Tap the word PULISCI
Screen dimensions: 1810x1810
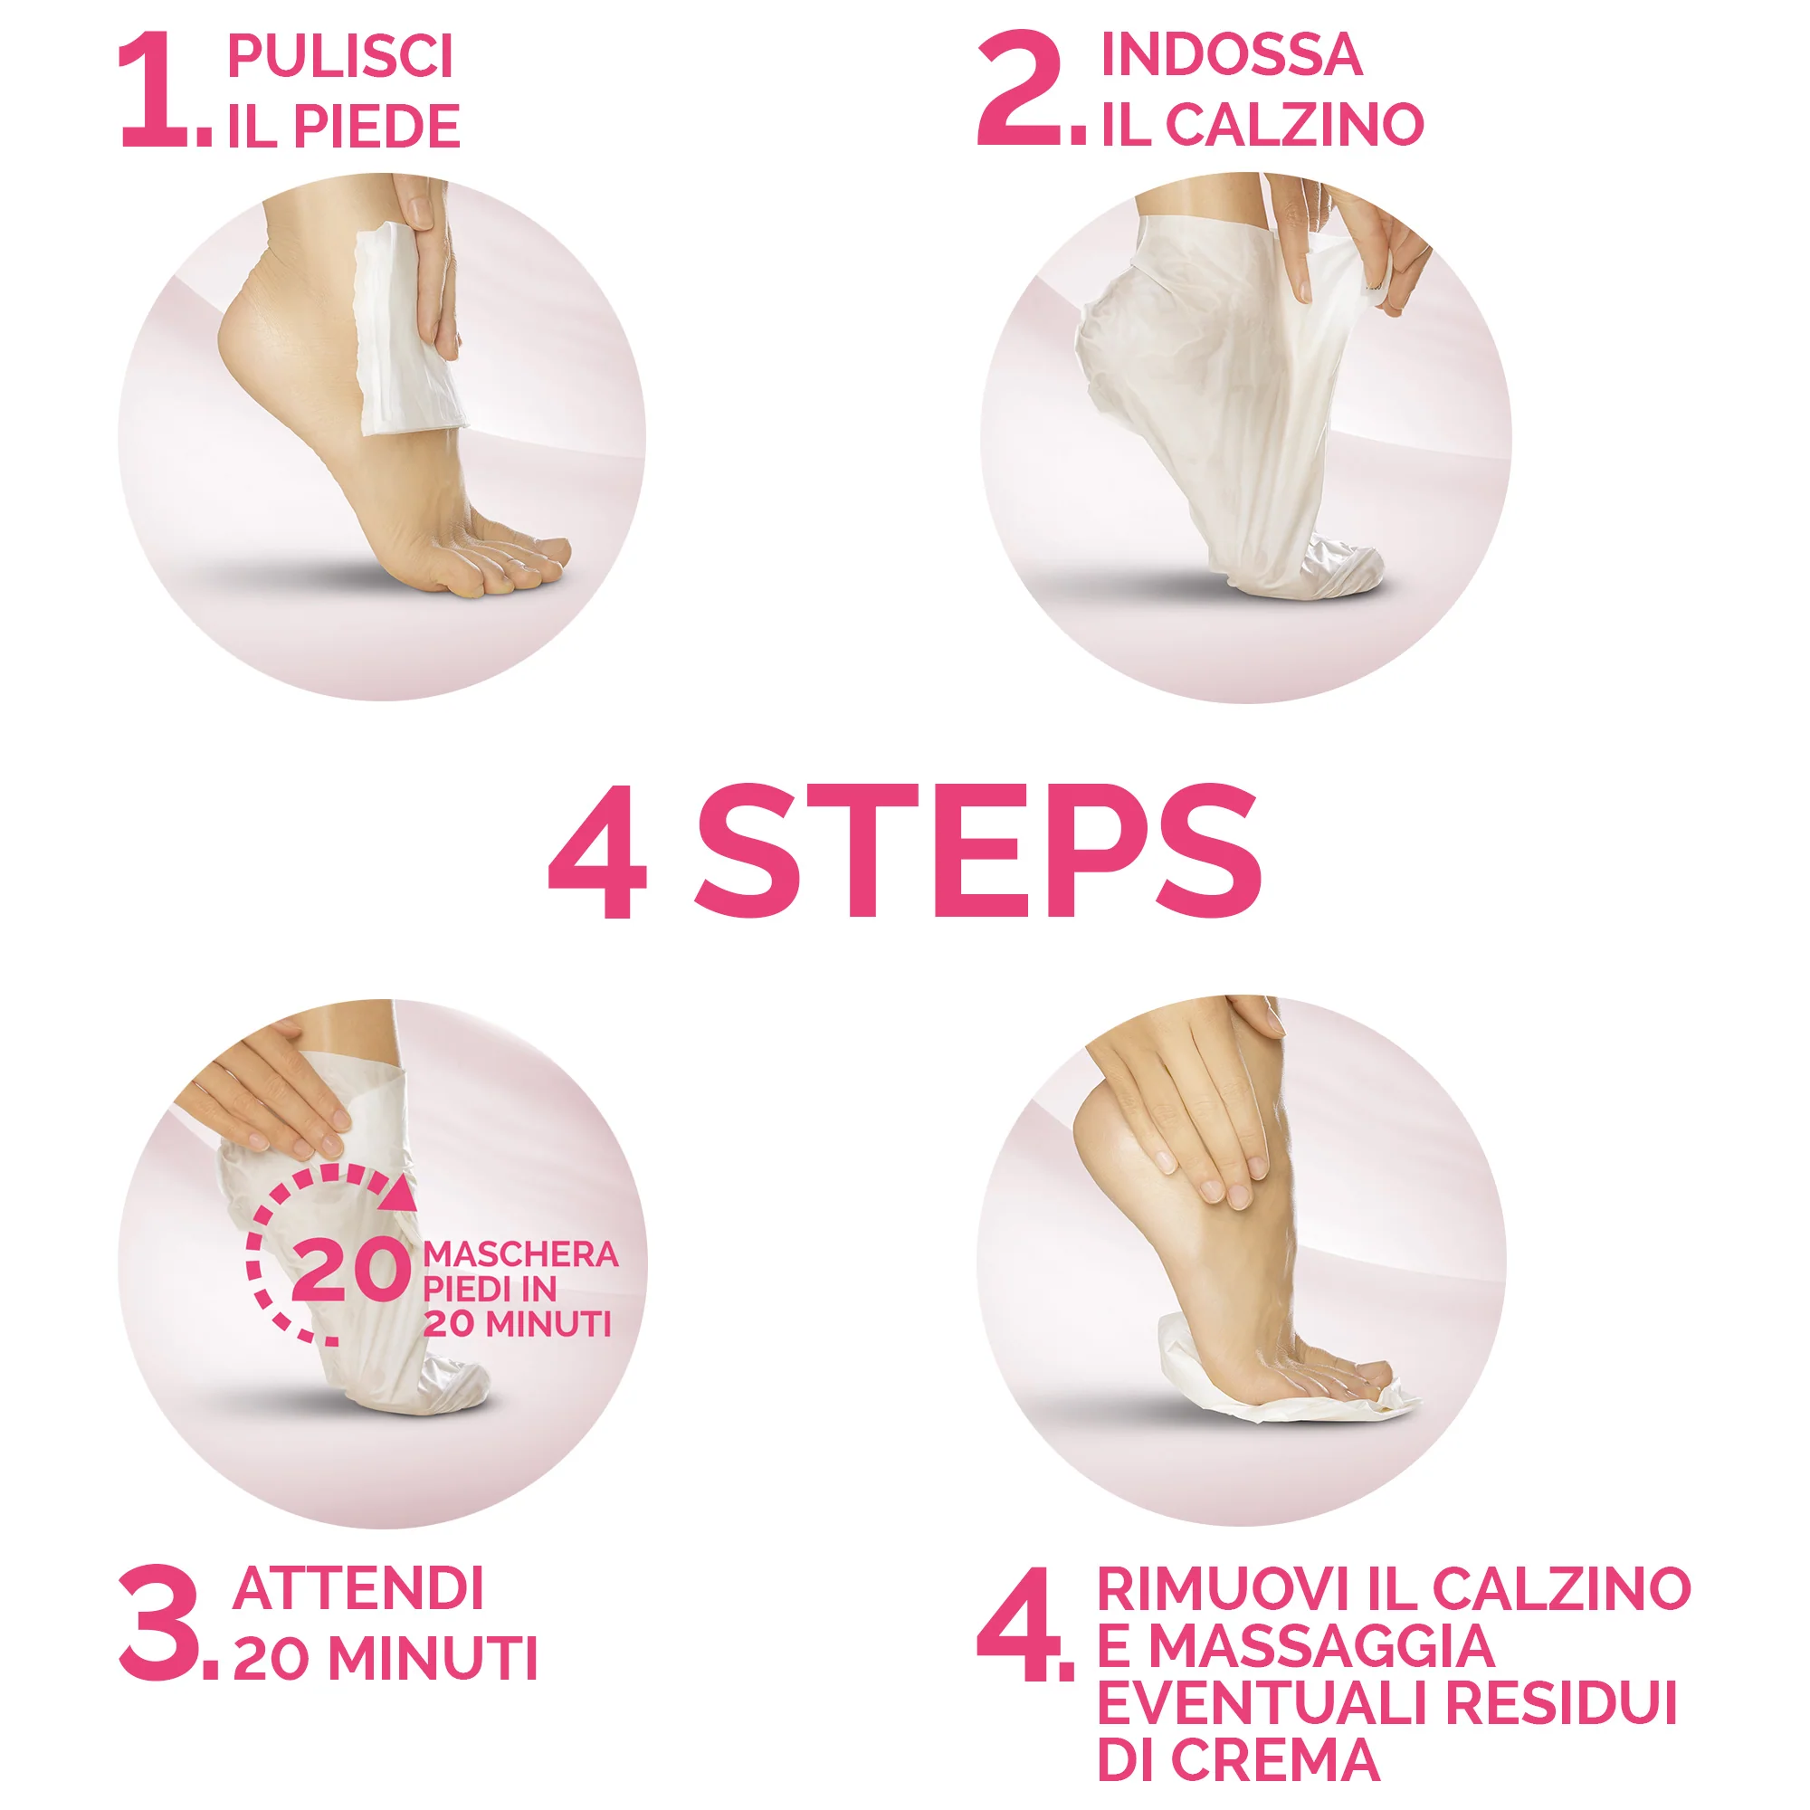(340, 56)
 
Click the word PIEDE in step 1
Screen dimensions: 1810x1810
(376, 127)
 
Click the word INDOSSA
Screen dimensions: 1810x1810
(1231, 54)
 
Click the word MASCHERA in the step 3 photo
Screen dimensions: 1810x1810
(520, 1254)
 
